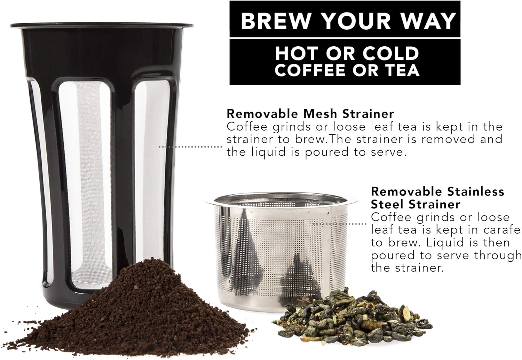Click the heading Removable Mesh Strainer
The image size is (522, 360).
310,114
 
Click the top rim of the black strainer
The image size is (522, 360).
102,25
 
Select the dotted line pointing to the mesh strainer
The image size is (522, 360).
190,147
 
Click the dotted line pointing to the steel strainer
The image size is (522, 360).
339,224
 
